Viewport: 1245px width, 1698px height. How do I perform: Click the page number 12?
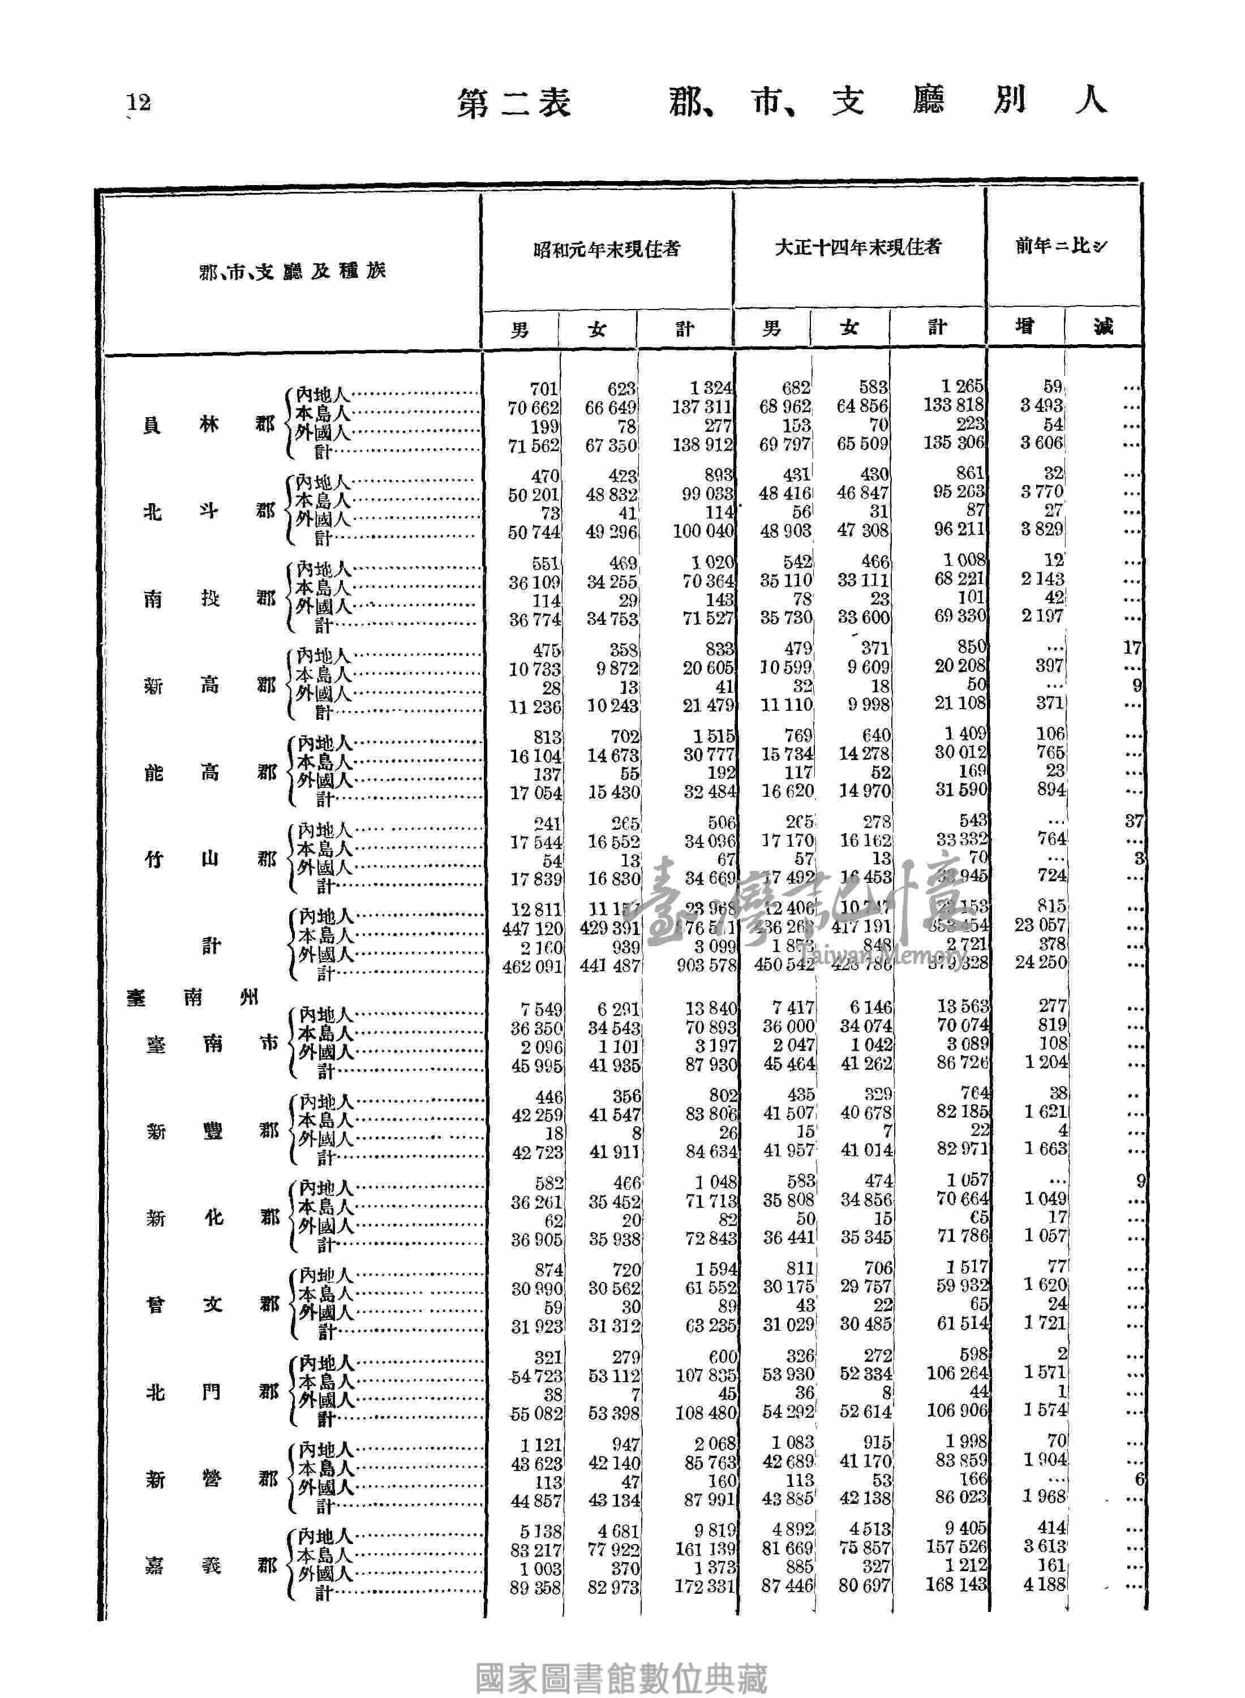click(139, 102)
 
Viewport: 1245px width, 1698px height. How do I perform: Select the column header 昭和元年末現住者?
click(607, 248)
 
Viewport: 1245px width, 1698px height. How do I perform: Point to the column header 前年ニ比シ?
click(1061, 246)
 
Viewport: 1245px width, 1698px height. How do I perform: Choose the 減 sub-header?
click(1104, 327)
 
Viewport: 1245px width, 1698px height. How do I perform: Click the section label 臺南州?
click(193, 998)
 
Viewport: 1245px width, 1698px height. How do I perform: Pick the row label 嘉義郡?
click(211, 1566)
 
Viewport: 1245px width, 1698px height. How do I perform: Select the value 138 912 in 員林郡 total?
click(703, 445)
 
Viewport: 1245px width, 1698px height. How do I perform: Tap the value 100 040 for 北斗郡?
click(703, 532)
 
